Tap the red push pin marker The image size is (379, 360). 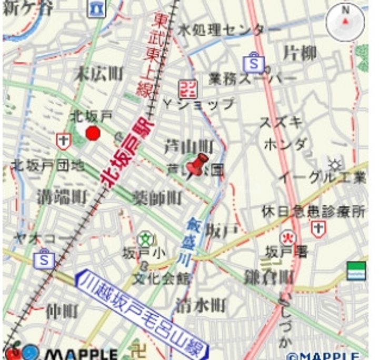198,165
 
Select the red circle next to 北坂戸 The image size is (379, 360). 93,133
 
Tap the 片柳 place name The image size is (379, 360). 300,53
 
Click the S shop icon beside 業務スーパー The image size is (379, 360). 254,63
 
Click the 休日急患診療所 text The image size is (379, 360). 314,212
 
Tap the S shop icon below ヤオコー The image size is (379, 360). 44,260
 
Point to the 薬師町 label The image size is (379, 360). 157,198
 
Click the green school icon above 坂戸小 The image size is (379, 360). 144,239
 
